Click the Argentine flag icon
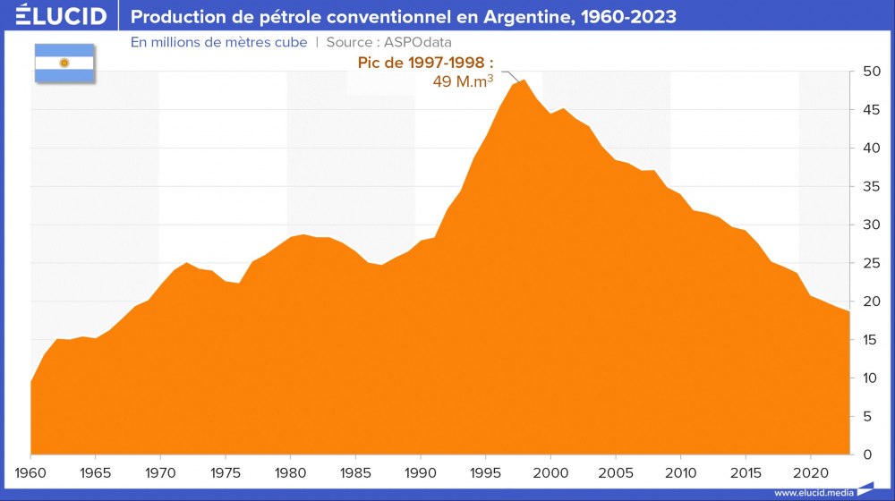click(64, 63)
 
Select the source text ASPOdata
click(420, 42)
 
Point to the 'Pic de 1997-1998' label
click(425, 64)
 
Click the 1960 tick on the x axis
click(31, 471)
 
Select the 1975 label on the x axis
click(226, 471)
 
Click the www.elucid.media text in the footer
click(813, 493)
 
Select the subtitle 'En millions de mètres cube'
click(218, 42)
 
